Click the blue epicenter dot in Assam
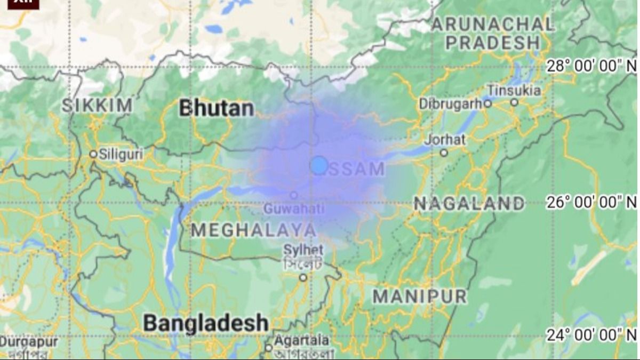(x=319, y=165)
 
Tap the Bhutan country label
(x=216, y=108)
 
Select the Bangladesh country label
(x=205, y=323)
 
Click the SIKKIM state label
(x=97, y=105)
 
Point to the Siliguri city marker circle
(x=93, y=154)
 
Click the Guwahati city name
(x=294, y=209)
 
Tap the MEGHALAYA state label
(x=253, y=230)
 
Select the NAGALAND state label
(x=469, y=203)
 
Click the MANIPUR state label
(x=420, y=296)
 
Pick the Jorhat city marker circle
(x=444, y=153)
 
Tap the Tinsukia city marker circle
(x=514, y=102)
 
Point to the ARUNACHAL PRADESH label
(x=492, y=33)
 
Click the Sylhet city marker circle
(x=303, y=277)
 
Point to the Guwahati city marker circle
(x=293, y=195)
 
